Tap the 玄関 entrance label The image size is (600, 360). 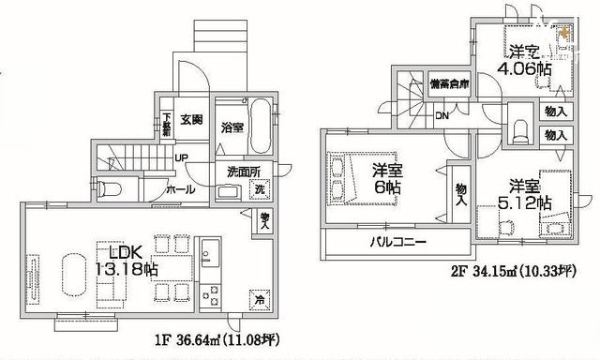click(191, 119)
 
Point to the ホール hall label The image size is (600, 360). click(181, 189)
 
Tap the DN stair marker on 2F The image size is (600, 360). click(441, 116)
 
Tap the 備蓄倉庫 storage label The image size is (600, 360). click(449, 82)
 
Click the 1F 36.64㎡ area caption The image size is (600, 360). click(212, 336)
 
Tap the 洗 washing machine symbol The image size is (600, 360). click(260, 191)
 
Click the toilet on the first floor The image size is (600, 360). click(111, 187)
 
